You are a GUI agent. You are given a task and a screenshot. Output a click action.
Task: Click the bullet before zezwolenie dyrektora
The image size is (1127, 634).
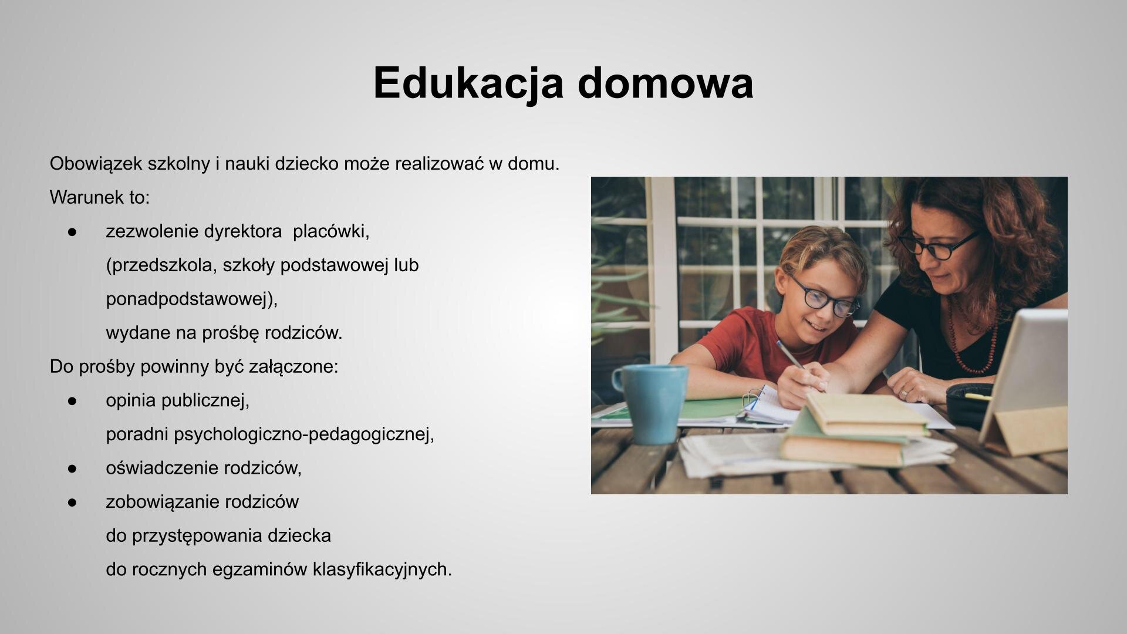(72, 232)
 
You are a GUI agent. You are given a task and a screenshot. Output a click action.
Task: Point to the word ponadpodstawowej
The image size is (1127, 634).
(191, 299)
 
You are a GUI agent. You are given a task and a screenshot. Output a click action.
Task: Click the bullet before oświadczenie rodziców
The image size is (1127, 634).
(72, 468)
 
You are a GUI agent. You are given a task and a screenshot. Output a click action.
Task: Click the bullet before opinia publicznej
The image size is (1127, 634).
(72, 401)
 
